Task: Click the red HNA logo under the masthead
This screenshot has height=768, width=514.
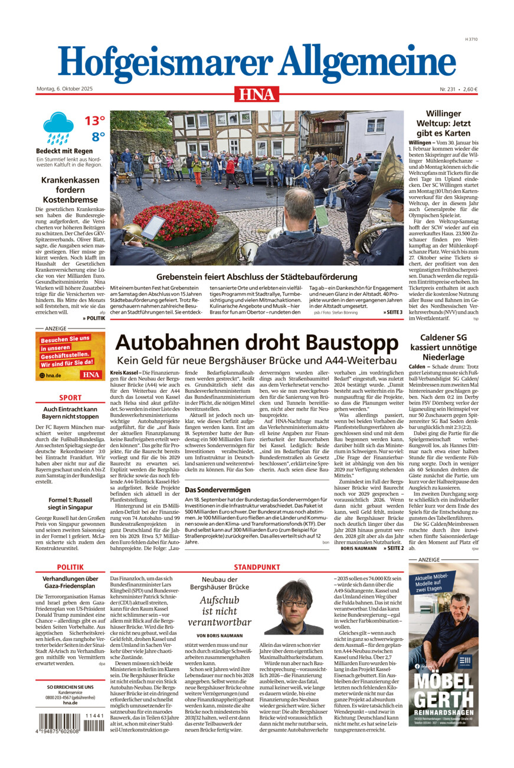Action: click(257, 93)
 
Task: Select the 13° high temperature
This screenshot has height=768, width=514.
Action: click(94, 121)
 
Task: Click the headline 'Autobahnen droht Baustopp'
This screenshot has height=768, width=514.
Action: click(257, 343)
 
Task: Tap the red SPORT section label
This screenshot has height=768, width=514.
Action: click(70, 398)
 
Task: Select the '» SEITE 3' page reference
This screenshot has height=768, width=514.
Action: click(392, 312)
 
